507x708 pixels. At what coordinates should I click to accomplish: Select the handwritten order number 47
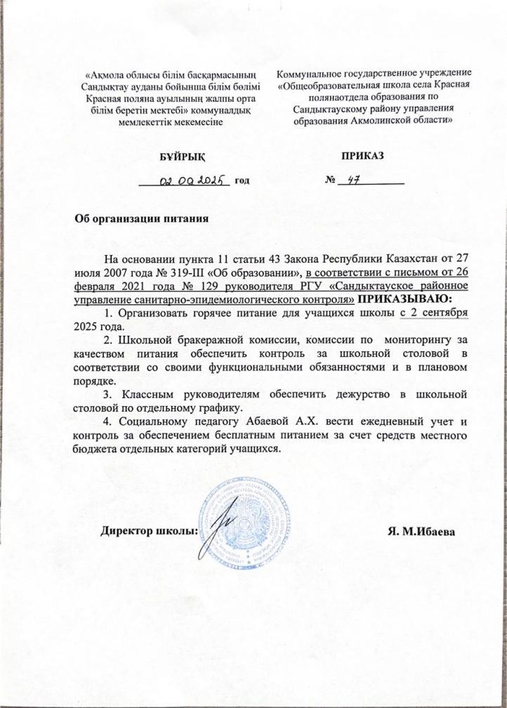[349, 180]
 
